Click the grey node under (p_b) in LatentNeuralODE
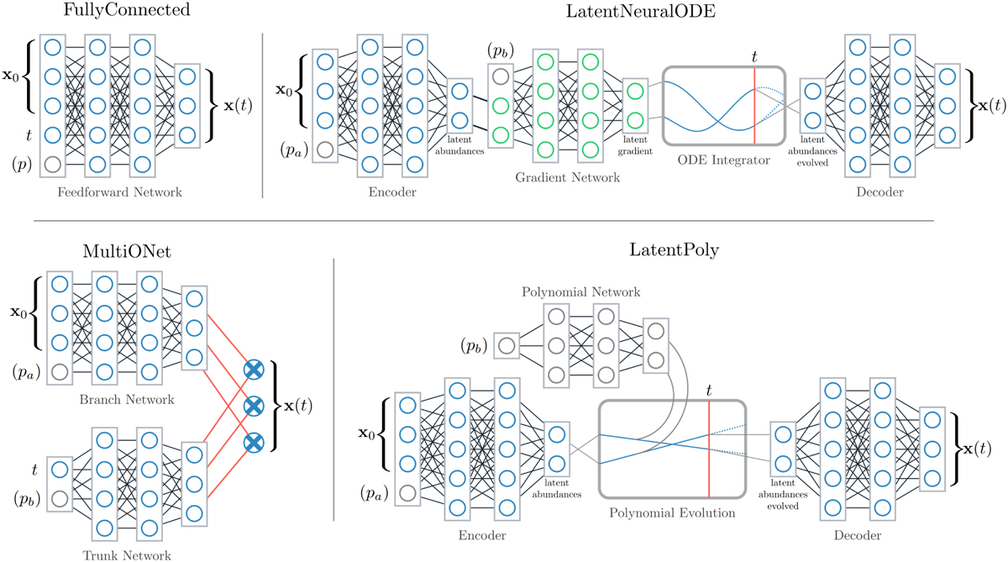(501, 76)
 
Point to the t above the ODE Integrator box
(755, 56)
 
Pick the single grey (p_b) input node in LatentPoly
(507, 344)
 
